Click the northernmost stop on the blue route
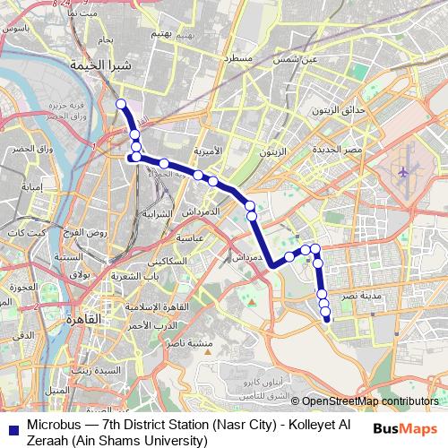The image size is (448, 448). coord(122,104)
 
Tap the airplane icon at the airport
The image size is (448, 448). coord(402,170)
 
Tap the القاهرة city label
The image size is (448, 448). coord(86,319)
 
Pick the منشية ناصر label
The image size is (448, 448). coord(217,343)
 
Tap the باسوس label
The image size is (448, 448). coord(16,28)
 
